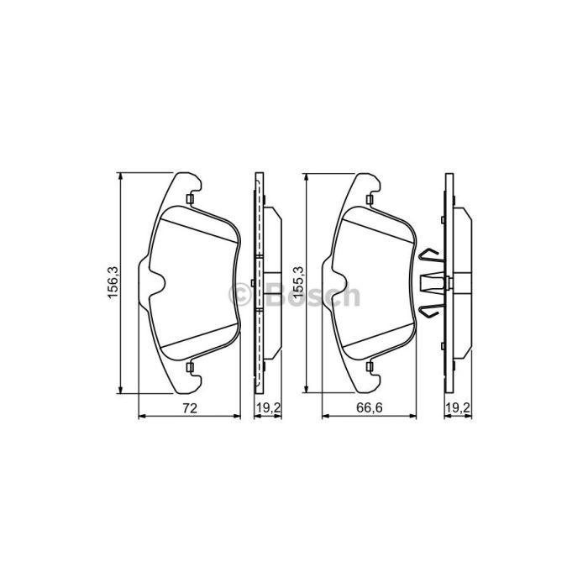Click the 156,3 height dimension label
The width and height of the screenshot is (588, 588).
coord(113,282)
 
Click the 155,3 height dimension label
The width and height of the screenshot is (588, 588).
coord(299,282)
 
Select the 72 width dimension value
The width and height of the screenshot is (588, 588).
coord(190,408)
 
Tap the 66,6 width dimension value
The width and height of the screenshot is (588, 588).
coord(370,408)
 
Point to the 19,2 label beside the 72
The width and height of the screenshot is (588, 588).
coord(268,408)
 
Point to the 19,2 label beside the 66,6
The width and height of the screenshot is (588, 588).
coord(458,408)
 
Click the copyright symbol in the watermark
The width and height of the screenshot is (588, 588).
coord(239,294)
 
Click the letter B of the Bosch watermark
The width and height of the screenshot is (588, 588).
coord(276,294)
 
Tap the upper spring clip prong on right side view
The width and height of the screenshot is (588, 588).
coord(430,255)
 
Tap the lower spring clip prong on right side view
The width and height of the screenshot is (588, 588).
coord(430,312)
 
